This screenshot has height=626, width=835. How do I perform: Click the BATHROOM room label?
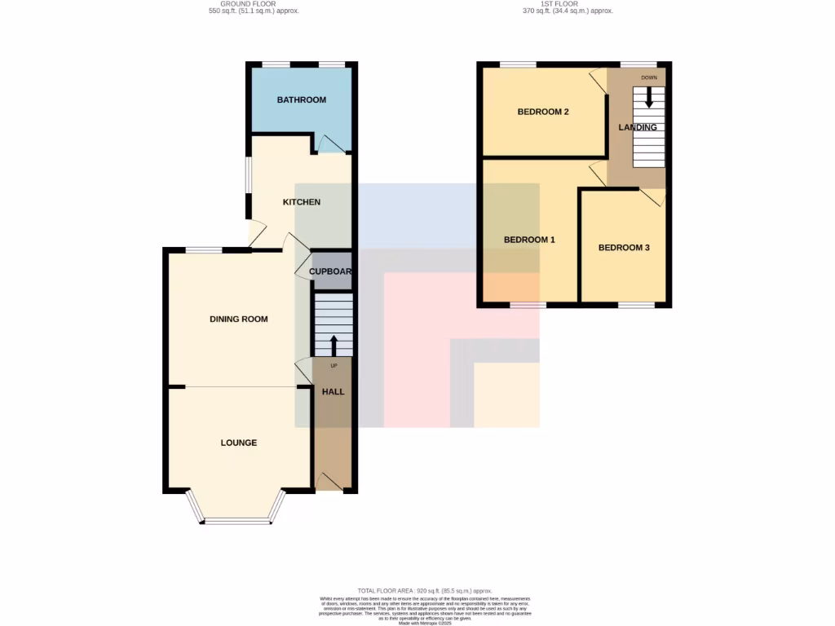coord(301,100)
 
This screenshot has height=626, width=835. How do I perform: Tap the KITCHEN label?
coord(301,202)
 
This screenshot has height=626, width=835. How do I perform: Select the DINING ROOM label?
coord(239,320)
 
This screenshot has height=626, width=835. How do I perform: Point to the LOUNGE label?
coord(239,443)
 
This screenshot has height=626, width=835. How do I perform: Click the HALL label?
coord(333,392)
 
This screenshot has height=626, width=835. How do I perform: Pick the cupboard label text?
coord(329,271)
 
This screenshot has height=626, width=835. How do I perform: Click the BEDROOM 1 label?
coord(529,240)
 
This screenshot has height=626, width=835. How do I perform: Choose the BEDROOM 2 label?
coord(543,112)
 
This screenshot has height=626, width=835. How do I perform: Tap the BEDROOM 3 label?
coord(624,248)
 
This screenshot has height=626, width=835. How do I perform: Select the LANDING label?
coord(638,128)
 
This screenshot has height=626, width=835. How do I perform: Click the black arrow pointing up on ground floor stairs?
coord(333,344)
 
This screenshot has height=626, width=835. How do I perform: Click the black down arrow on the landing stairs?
coord(649,96)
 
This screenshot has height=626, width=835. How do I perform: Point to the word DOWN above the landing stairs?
coord(649,77)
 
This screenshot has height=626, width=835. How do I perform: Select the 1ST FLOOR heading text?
coord(568,7)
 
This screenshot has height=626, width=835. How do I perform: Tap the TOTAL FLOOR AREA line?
coord(425,589)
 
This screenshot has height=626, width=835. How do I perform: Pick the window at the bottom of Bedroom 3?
coord(635,306)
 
